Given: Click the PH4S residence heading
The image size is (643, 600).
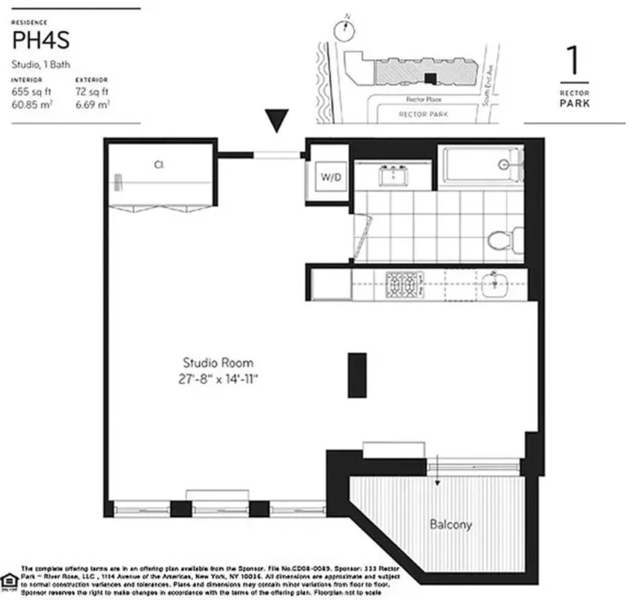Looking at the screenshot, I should [x=41, y=41].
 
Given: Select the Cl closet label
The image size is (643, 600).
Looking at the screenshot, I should [x=158, y=165].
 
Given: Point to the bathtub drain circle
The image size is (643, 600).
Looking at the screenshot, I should [x=503, y=165].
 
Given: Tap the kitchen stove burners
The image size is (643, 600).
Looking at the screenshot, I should [x=404, y=284].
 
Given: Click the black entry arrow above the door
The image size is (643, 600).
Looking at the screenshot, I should [x=277, y=120].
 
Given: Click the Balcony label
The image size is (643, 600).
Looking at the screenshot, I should [x=451, y=524].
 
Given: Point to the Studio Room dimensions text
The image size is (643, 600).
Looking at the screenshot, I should [x=218, y=379].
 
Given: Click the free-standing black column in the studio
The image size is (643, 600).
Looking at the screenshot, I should [x=357, y=375].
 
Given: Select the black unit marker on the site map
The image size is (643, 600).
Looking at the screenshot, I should [x=431, y=78].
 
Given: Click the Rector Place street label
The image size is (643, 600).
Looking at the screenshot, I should [x=423, y=99].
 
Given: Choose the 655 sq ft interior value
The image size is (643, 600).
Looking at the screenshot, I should [x=31, y=92].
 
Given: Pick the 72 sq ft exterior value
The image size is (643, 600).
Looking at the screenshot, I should [x=92, y=92].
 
